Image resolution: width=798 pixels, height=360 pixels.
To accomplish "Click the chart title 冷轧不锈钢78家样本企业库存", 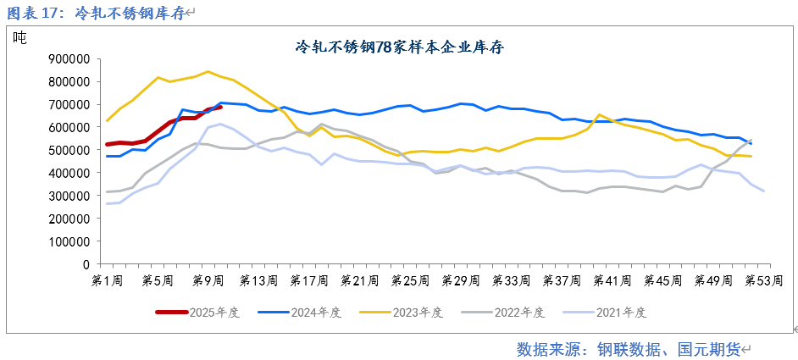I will pos(399,47).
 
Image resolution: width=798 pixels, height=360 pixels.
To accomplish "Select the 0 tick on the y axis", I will pos(86,264).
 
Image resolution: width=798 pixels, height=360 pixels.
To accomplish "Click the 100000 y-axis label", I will pos(68,241).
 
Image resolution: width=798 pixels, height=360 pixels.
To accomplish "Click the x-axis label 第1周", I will pos(107,280).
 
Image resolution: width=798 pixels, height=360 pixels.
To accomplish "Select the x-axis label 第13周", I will pos(259,280).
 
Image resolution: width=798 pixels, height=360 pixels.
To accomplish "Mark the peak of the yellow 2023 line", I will pos(208,71).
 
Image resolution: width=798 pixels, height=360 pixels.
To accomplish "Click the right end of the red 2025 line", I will pos(220,107).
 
